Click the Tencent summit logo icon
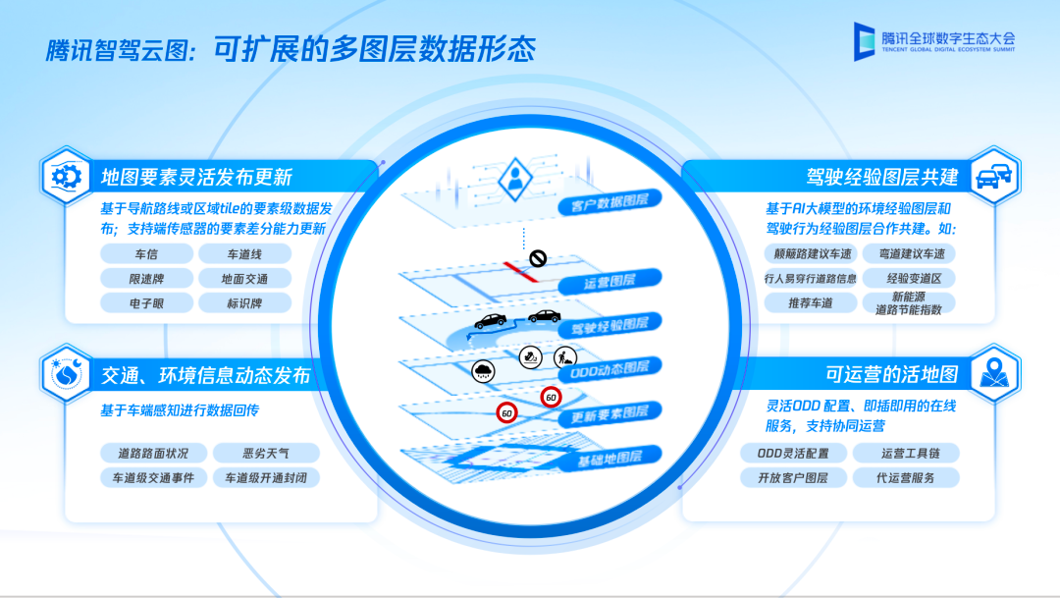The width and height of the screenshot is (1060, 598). coord(864,41)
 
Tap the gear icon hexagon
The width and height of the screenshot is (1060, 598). coord(66,177)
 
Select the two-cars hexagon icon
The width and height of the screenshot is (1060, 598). coord(995,177)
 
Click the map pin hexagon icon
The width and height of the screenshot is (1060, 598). coord(995,373)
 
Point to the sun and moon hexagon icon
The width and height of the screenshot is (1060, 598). coord(66,373)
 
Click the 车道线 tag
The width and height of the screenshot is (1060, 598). coord(244,254)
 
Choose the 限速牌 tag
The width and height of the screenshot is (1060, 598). coord(146,279)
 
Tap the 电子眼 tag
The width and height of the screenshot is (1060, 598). coord(146,303)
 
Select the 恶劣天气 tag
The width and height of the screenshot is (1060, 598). coord(266,454)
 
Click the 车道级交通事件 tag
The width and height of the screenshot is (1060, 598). coord(153,477)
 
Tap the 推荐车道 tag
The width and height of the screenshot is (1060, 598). coord(811,303)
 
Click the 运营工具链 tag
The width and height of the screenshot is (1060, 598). coord(906,454)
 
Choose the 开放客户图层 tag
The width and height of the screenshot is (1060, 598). coord(793,477)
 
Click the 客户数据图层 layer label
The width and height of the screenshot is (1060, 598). coord(609,201)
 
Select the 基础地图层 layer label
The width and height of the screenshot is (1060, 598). coord(609,459)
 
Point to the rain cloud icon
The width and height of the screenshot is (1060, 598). coord(483,371)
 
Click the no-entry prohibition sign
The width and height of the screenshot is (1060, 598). coord(538,257)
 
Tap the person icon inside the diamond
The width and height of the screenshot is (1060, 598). coord(515,178)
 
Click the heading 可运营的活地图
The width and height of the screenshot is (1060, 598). coord(891,374)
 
